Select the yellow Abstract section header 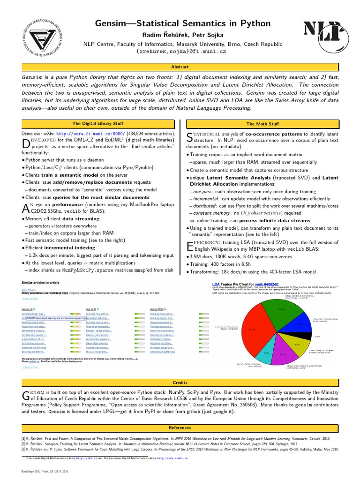click(180, 67)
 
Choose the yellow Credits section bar click(180, 382)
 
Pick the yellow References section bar click(180, 428)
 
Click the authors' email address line click(180, 51)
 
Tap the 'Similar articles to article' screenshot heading click(40, 283)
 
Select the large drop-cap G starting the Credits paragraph click(26, 396)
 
